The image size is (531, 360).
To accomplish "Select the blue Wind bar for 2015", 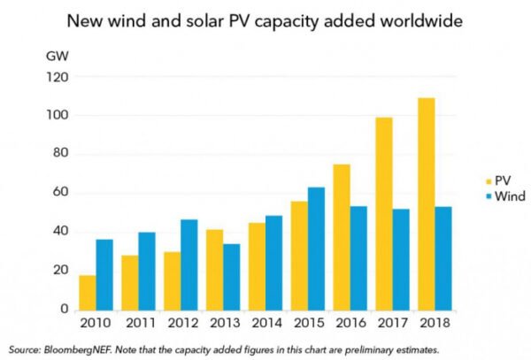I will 315,249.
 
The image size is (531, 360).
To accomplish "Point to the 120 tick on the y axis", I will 58,77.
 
